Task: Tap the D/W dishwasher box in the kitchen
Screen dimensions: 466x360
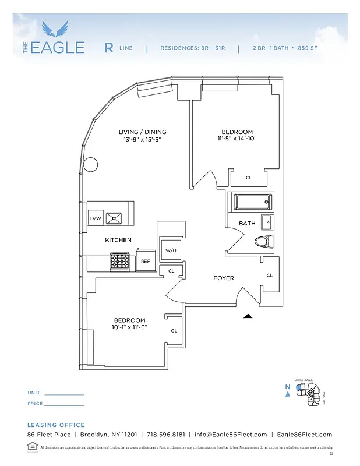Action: point(96,218)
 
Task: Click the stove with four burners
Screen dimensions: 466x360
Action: point(121,262)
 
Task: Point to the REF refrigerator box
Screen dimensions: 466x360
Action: point(146,262)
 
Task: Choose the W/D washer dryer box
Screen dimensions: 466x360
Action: point(171,250)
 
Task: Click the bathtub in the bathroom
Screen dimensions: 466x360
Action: point(253,203)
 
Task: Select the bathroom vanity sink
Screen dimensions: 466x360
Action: point(267,222)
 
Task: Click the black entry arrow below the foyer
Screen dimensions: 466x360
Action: point(248,316)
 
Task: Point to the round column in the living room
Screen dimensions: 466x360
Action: point(90,165)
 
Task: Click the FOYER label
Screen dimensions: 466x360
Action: point(223,278)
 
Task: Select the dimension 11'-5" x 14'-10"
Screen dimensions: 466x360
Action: point(237,139)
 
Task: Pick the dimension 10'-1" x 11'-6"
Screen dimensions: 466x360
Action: point(129,327)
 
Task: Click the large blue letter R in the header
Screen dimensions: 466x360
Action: point(109,48)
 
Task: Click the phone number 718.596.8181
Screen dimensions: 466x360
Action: point(165,435)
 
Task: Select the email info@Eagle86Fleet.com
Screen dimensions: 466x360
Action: point(231,435)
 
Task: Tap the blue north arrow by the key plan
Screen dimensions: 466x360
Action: point(287,393)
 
